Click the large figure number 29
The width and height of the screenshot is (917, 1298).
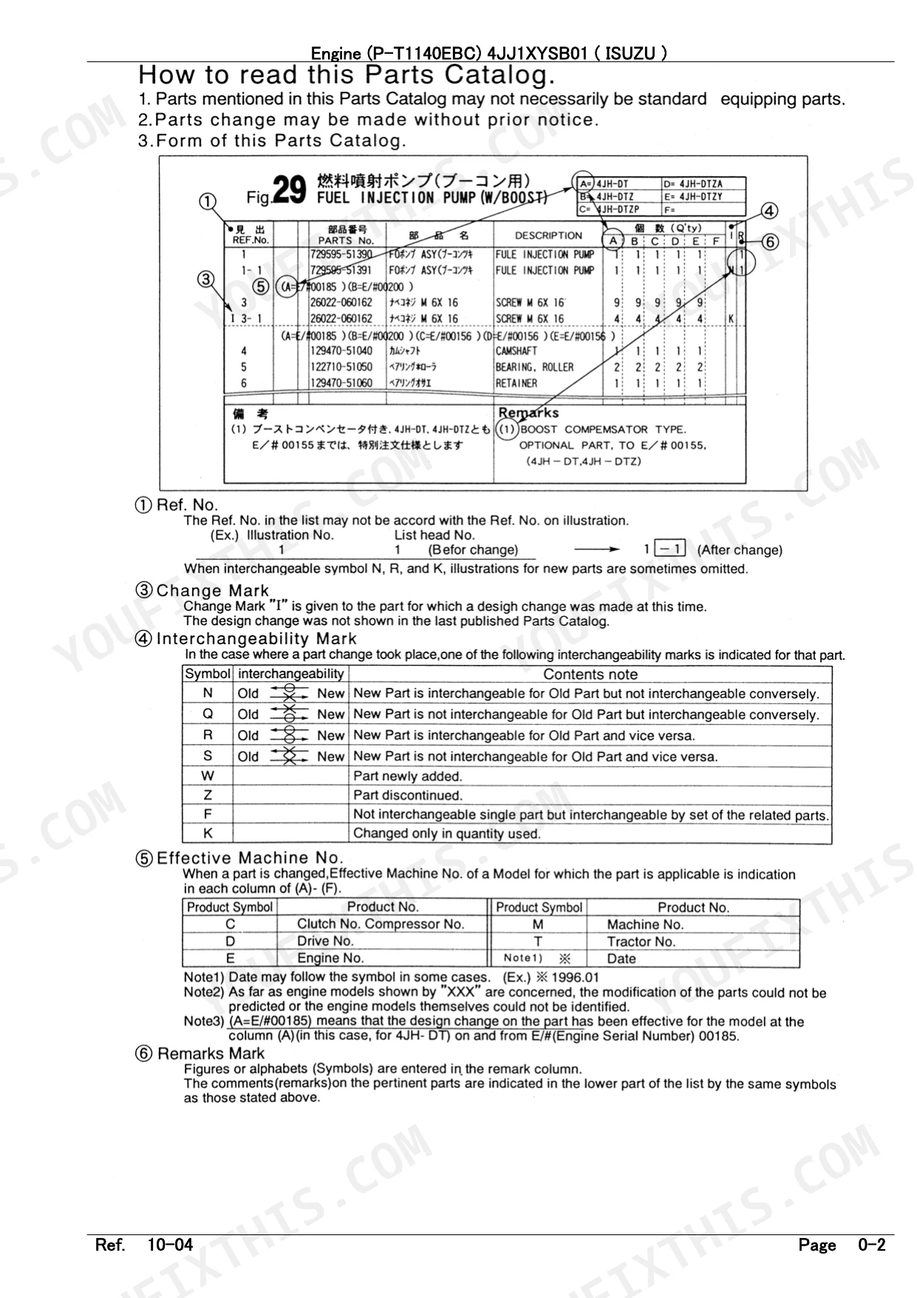click(x=289, y=189)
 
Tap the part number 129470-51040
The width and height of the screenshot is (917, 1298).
click(x=341, y=351)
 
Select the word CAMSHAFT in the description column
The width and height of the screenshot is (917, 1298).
click(x=516, y=351)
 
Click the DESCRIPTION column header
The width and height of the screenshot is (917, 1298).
click(x=548, y=235)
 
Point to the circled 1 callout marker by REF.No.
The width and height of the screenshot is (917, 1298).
click(x=208, y=201)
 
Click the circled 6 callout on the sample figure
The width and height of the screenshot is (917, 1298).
click(x=769, y=242)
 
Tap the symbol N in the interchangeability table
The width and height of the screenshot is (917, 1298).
click(x=208, y=693)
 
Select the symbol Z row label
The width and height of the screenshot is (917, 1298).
click(x=208, y=795)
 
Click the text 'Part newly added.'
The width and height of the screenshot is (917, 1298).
click(x=407, y=776)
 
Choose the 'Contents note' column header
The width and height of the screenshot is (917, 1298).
click(x=590, y=674)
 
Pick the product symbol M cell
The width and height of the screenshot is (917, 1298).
click(x=538, y=925)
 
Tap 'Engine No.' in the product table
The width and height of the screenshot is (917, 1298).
click(x=330, y=958)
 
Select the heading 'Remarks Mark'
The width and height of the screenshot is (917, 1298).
click(x=211, y=1053)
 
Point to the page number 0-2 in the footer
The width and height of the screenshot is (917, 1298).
click(x=872, y=1245)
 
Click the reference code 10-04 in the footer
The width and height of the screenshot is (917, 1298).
click(x=170, y=1245)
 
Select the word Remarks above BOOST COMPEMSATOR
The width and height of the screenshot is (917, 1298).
click(x=528, y=413)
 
